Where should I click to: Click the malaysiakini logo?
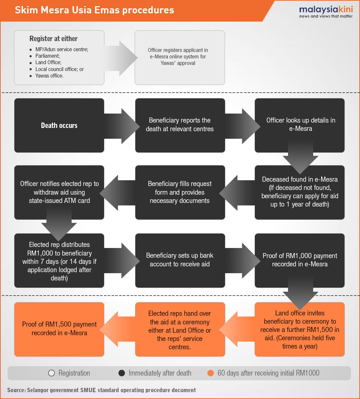coord(326,12)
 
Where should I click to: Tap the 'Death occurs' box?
coord(59,125)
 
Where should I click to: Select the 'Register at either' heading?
coord(53,39)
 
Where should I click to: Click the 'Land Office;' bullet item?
coord(48,62)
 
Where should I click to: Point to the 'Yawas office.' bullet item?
coord(49,76)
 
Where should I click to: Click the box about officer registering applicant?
coord(180,58)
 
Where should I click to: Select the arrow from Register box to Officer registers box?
coord(121,58)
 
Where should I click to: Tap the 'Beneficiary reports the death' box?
coord(180,125)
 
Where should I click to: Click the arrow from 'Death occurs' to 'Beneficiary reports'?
coord(122,126)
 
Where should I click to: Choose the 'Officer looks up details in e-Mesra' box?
coord(300,125)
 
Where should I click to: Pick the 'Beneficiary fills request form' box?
coord(180,192)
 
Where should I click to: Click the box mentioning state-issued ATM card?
coord(59,192)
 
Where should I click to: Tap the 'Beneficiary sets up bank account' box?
coord(180,261)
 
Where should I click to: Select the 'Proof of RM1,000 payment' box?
coord(300,261)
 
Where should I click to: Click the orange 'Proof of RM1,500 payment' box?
coord(59,329)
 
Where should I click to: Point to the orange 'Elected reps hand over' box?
coord(180,329)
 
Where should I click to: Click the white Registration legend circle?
coord(51,373)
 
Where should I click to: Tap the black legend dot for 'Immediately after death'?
coord(122,373)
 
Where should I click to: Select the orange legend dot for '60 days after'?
coord(211,373)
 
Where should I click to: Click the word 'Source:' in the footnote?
coord(17,390)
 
